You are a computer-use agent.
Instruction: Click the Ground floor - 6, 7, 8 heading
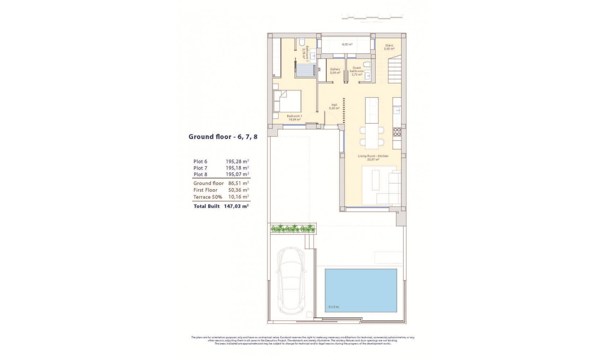pos(223,137)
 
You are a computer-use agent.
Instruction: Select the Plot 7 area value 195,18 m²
pos(237,168)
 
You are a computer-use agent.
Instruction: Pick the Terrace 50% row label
pos(208,197)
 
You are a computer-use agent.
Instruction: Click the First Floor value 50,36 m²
pos(238,190)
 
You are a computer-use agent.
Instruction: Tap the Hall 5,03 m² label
pos(334,106)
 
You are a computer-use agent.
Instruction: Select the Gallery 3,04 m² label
pos(335,71)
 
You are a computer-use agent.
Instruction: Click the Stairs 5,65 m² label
pos(389,47)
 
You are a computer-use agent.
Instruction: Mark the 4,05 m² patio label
pos(347,45)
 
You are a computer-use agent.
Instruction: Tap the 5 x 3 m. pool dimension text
pos(334,307)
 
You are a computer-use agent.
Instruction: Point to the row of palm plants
pos(293,228)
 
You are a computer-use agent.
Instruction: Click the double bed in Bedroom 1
pos(287,101)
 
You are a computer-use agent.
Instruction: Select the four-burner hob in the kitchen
pos(397,132)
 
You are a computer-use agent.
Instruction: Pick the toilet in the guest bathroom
pos(366,64)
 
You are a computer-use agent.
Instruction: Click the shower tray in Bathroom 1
pos(84,69)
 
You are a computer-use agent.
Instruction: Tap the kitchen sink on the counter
pos(397,110)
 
